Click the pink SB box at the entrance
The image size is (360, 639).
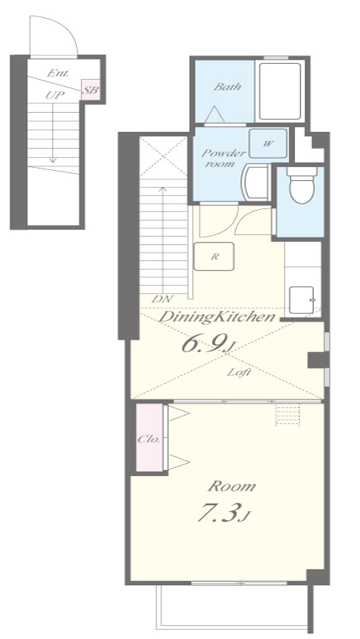point(91,90)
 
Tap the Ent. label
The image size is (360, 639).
point(58,74)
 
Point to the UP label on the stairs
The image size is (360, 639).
point(55,96)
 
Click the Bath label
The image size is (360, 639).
point(227,86)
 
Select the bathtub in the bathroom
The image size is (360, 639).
point(280,91)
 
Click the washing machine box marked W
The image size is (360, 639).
point(268,144)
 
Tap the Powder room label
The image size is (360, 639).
point(224,158)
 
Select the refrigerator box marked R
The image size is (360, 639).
point(214,256)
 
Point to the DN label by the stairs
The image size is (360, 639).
point(162,298)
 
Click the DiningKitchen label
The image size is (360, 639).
point(216,317)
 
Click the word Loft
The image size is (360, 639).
point(238,372)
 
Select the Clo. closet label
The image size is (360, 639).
point(149,439)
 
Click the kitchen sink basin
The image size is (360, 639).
point(302,300)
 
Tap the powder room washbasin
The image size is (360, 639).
point(255,182)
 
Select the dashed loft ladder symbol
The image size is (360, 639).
point(288,415)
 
